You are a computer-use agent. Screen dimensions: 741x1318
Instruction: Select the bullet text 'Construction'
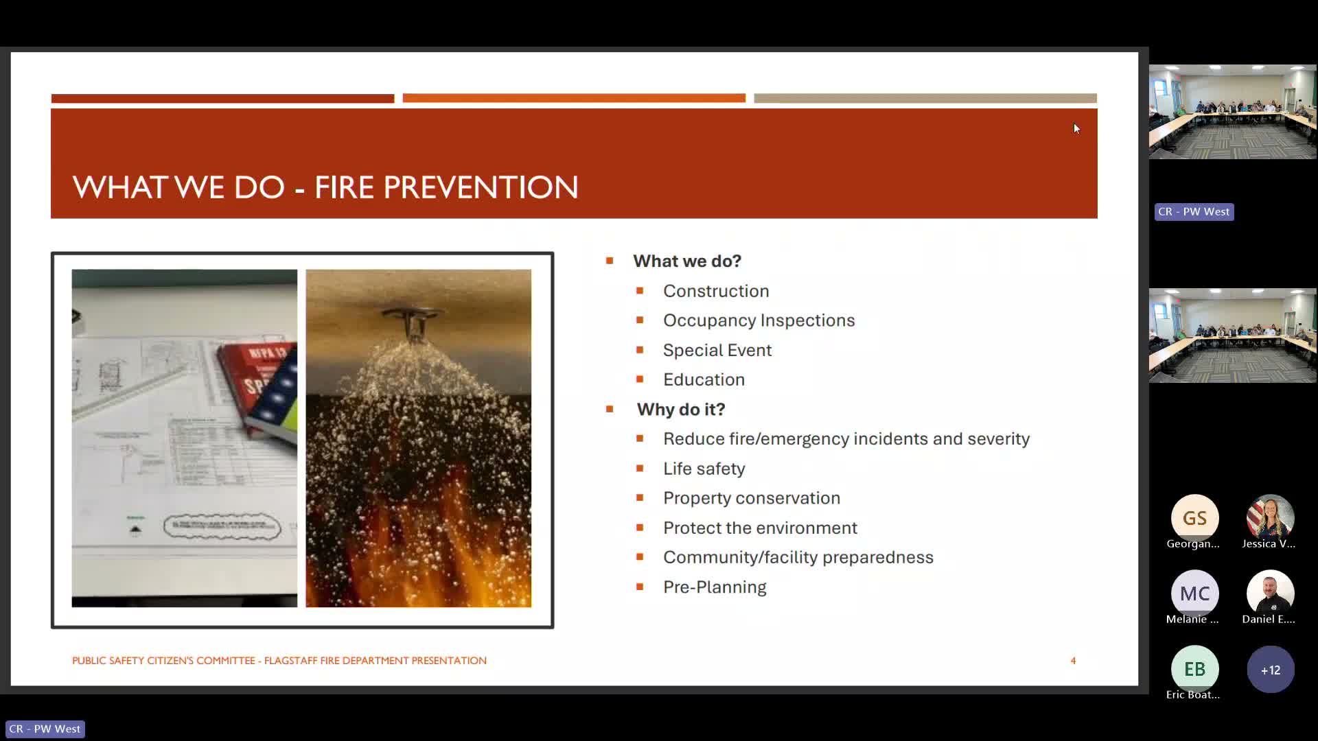(715, 291)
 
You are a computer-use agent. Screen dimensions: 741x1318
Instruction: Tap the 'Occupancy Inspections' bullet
(759, 320)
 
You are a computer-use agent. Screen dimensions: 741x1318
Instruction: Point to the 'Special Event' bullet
(717, 350)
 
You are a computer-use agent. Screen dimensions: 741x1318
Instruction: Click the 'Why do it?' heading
(680, 410)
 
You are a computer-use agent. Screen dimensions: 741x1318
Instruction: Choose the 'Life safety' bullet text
(704, 469)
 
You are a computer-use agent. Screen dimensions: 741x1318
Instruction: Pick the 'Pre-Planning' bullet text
(714, 587)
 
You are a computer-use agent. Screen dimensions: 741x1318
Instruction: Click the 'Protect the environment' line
(759, 528)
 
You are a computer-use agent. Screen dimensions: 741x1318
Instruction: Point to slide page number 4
(1073, 661)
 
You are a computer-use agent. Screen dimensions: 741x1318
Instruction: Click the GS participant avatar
(1194, 518)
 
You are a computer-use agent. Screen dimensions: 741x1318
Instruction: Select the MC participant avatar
(1194, 593)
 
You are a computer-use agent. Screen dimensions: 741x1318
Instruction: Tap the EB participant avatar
(1194, 669)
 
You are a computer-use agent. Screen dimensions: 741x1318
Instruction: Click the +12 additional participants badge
(1270, 670)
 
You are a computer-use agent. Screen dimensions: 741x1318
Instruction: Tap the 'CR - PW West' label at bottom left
(45, 729)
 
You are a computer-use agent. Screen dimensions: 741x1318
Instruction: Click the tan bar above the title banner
(925, 99)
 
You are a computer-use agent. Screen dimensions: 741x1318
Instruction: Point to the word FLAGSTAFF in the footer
(290, 661)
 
